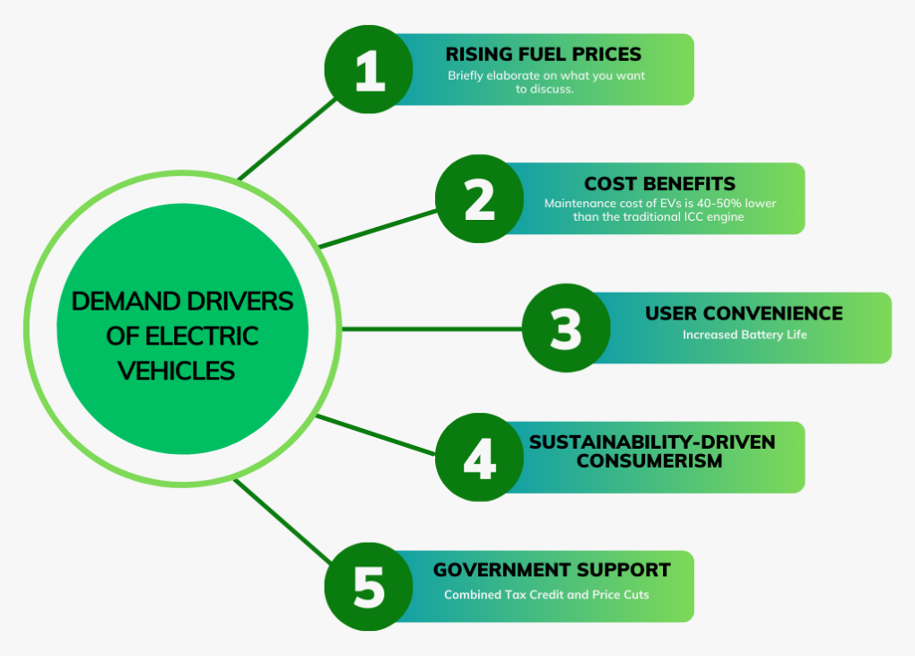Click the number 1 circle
coord(369,69)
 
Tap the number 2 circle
coord(480,199)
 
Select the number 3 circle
coord(566,328)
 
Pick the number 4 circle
coord(480,458)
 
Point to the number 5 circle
coord(369,587)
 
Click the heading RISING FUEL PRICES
coord(544,54)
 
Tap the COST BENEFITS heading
coord(659,184)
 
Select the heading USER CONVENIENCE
coord(744,313)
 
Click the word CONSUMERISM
coord(649,461)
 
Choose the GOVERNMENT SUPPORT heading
coord(552,570)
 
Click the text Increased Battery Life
coord(745,335)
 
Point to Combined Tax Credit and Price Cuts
coord(546,595)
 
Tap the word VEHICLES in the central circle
coord(176,372)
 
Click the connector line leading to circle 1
coord(288,139)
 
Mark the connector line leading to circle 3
coord(431,329)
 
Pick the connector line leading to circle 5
coord(283,521)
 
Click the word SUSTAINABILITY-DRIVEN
coord(652,442)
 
